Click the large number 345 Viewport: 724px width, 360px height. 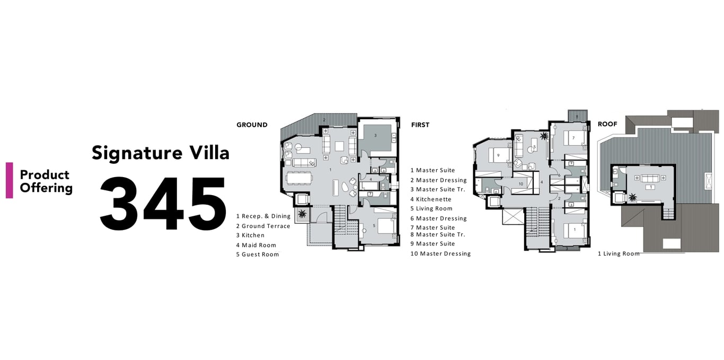tap(163, 203)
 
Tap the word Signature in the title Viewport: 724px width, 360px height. tap(137, 153)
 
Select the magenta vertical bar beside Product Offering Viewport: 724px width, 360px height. tap(10, 180)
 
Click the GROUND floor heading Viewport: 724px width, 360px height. tap(252, 125)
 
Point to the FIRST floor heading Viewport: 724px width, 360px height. tap(420, 125)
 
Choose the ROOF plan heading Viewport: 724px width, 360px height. tap(607, 124)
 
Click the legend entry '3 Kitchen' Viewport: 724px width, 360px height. tap(250, 235)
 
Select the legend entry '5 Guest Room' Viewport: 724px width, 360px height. tap(257, 254)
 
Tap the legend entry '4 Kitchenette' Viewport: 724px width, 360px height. tap(431, 199)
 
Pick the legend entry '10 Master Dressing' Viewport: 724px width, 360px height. tap(440, 253)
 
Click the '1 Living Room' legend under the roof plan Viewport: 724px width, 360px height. tap(619, 253)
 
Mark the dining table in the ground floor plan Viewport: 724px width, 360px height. tap(299, 178)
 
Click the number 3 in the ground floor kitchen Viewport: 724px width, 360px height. tap(375, 136)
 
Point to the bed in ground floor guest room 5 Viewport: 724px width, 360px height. tap(386, 226)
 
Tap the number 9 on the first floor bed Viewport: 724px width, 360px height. tap(498, 155)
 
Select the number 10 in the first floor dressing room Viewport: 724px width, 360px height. tap(520, 184)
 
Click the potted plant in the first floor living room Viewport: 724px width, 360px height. tap(544, 136)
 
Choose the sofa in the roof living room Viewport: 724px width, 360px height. tap(650, 178)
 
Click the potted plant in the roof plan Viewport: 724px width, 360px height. tap(632, 197)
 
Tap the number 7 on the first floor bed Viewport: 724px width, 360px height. tap(573, 138)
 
